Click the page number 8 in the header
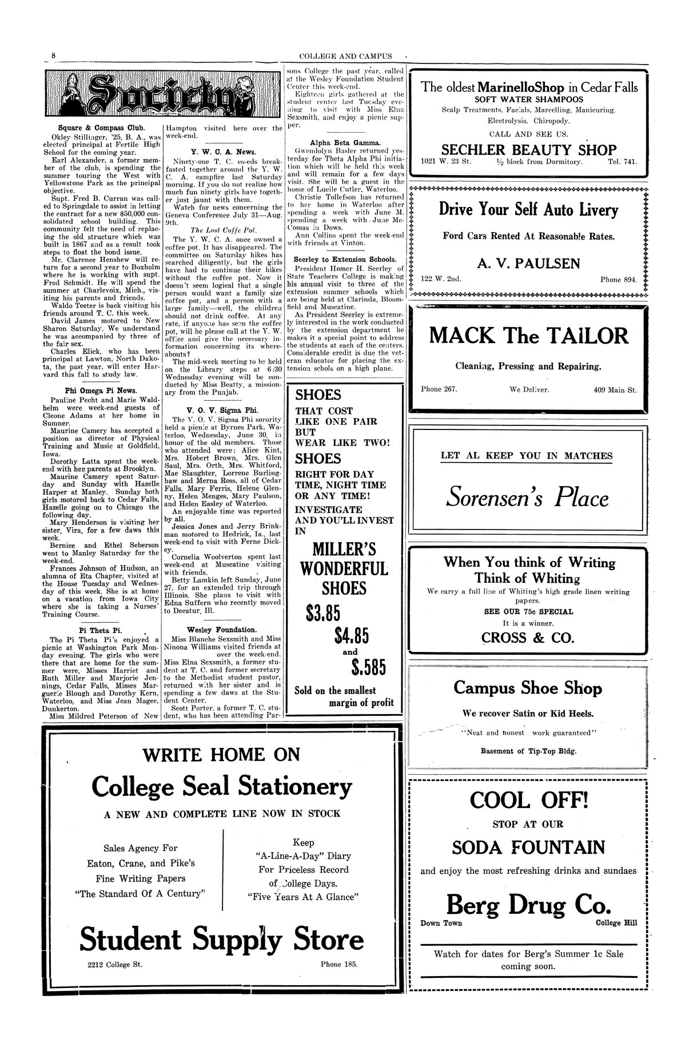tap(53, 55)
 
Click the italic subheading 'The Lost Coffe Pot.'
tap(224, 229)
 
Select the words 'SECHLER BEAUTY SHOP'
tap(529, 150)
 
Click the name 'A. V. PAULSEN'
tap(529, 263)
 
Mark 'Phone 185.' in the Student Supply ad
tap(338, 964)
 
